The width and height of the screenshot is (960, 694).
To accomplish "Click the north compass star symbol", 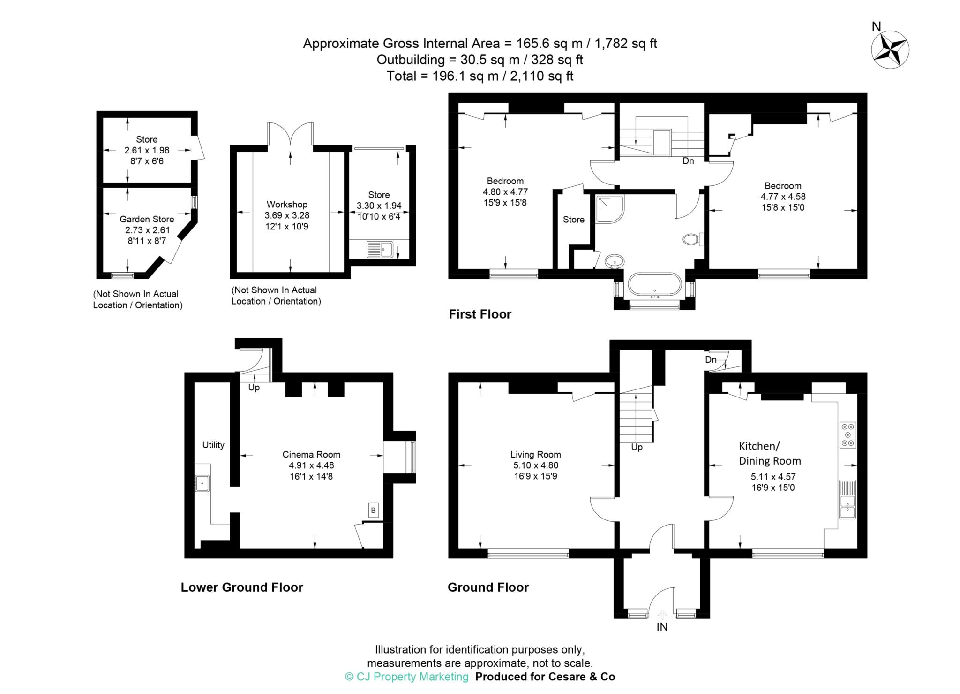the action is [x=890, y=50].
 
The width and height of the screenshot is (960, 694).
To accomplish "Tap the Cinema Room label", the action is [x=311, y=454].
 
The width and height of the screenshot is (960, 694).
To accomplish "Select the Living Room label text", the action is [x=536, y=454].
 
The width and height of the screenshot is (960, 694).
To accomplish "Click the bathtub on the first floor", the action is [x=654, y=285].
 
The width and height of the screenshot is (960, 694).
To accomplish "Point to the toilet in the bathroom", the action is [x=694, y=239].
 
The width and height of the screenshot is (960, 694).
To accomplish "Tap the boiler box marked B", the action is [x=373, y=510].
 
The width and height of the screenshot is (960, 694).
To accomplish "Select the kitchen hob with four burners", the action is [x=848, y=435].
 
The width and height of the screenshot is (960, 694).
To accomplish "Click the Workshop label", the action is [x=287, y=204].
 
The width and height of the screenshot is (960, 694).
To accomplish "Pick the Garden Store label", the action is [x=147, y=219].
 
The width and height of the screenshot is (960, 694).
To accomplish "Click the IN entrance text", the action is [x=662, y=627].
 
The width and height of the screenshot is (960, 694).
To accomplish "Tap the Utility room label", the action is [x=213, y=445].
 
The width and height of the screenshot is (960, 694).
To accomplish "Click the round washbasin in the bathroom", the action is [x=615, y=261].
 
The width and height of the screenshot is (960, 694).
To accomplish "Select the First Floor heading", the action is [x=480, y=314].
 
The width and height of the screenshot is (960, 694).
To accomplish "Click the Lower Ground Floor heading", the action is [x=242, y=587].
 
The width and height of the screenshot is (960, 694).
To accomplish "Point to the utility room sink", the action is [x=202, y=483].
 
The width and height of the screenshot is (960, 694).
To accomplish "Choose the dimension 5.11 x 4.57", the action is [x=773, y=477].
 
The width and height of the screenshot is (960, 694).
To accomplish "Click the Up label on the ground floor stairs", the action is [x=637, y=447].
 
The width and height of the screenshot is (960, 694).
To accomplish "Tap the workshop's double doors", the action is [x=290, y=134].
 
